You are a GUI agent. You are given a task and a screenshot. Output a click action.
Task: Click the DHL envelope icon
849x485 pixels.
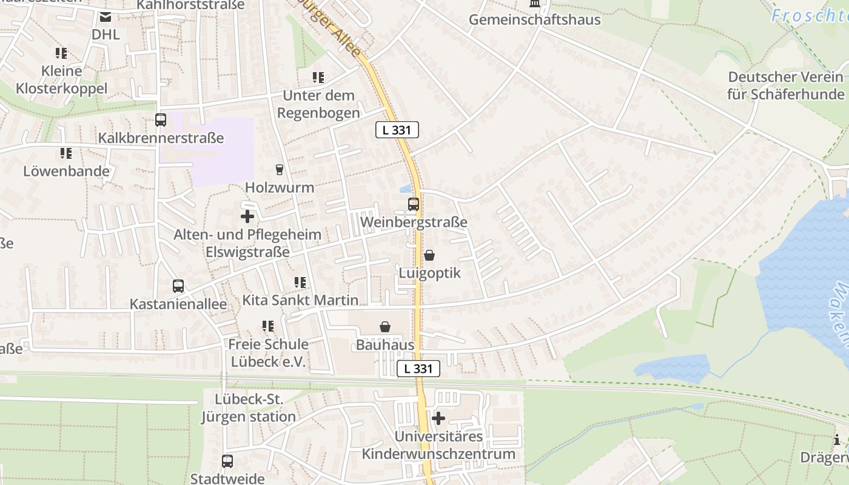(x=106, y=17)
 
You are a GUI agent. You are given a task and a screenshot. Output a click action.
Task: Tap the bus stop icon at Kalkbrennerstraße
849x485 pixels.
(x=161, y=120)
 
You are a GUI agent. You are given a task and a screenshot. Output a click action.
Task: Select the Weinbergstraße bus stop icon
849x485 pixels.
(x=414, y=204)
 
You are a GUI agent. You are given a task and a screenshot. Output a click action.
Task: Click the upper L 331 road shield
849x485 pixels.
(x=397, y=130)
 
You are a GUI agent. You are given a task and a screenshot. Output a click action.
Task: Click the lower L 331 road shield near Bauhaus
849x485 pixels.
(x=418, y=368)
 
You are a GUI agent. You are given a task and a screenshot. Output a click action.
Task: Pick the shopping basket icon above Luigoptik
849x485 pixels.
(x=429, y=255)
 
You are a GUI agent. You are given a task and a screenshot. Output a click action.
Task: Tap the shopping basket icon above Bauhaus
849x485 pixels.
(x=385, y=327)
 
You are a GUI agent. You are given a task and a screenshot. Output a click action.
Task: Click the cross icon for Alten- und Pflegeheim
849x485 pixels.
(x=247, y=216)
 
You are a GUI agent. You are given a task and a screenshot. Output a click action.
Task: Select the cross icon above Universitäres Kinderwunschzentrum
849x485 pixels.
(x=438, y=418)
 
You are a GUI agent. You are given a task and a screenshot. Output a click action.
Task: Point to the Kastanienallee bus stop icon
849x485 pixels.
(x=178, y=286)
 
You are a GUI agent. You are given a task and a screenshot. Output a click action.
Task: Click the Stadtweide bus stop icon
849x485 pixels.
(x=227, y=461)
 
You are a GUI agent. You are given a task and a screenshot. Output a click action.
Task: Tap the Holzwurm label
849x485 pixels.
(x=280, y=187)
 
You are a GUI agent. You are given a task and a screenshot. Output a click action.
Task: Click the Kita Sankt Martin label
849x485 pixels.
(x=300, y=300)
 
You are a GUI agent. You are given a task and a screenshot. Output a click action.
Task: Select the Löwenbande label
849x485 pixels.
(x=66, y=171)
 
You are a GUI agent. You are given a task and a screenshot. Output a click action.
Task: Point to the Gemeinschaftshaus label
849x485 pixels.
(x=534, y=19)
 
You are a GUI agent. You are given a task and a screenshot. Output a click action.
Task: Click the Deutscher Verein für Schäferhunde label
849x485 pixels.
(x=786, y=85)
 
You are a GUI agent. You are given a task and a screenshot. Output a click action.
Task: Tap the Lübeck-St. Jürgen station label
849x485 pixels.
(x=249, y=408)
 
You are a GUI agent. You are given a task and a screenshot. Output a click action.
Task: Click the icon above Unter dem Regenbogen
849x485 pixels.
(x=318, y=78)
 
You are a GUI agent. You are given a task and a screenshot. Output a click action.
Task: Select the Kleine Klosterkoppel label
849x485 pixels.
(x=61, y=79)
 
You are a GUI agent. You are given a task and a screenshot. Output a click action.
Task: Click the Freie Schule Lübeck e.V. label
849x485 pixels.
(x=267, y=353)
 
